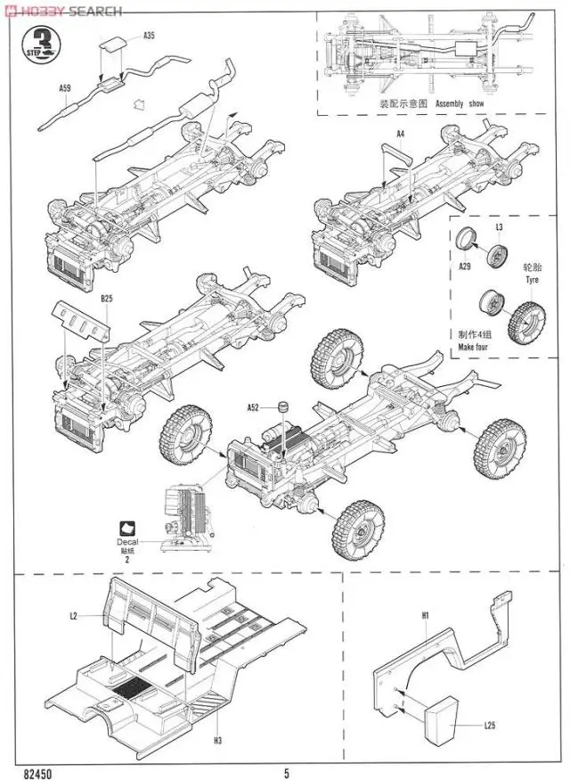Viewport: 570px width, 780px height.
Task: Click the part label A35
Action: pos(149,36)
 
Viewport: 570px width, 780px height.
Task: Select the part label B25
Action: pos(106,298)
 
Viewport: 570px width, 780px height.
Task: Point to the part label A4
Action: pos(401,134)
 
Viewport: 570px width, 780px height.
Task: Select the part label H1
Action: pos(426,615)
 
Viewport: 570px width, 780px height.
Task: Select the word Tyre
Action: pos(533,279)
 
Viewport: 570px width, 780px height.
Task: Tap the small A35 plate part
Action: pos(113,46)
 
